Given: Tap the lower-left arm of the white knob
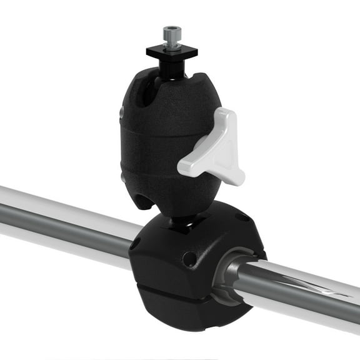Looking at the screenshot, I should click(x=191, y=166).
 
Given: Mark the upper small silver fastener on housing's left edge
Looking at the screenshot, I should click(x=121, y=112).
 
